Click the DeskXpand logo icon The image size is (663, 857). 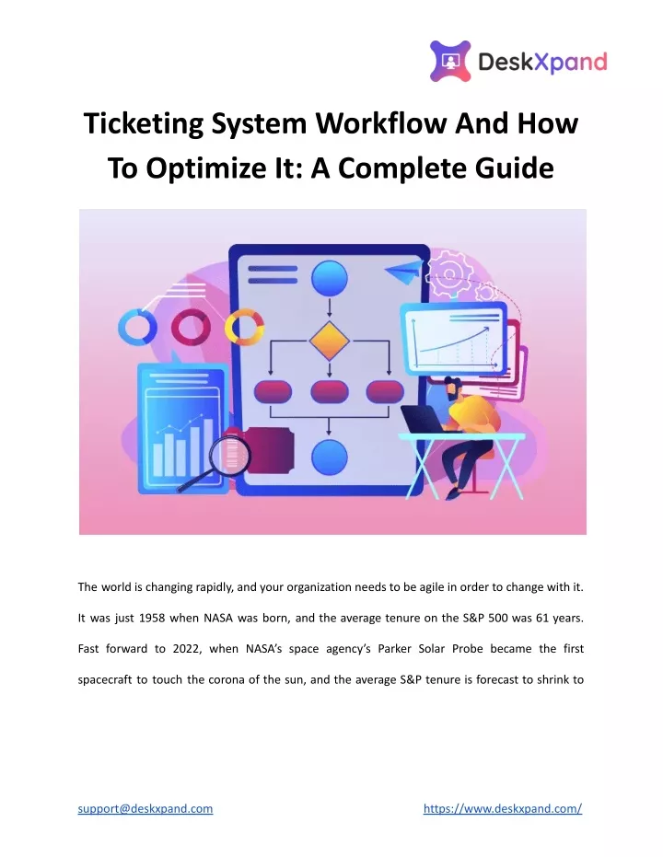[450, 61]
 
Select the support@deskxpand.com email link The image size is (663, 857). [145, 808]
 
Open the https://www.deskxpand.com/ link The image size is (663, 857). [503, 808]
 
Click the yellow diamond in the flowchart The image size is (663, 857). [329, 341]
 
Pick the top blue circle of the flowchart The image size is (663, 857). [329, 278]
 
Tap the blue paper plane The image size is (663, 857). [404, 271]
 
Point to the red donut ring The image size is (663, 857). [191, 328]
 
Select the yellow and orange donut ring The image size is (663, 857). [244, 328]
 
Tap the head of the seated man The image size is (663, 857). [452, 386]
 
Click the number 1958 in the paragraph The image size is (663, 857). [152, 619]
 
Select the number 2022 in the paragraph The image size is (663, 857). [186, 649]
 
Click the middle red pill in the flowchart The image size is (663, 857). [329, 391]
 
